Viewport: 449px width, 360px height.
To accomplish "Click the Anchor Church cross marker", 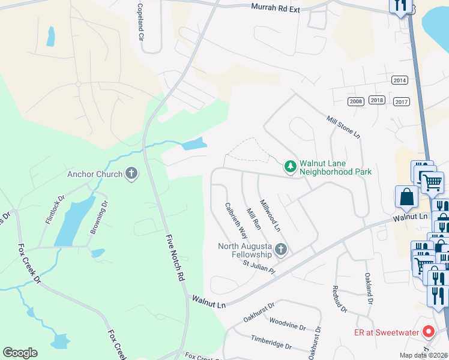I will pos(131,175).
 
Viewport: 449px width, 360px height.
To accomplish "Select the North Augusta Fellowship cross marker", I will pos(280,250).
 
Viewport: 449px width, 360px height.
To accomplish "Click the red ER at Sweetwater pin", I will pos(429,331).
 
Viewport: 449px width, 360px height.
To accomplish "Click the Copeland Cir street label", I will pos(142,26).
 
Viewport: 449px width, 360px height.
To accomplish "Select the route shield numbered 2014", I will pos(399,80).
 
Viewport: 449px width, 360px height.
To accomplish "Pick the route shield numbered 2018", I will pos(377,100).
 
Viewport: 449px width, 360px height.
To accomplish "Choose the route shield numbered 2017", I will pos(402,102).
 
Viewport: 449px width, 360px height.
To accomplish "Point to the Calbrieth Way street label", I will pos(236,220).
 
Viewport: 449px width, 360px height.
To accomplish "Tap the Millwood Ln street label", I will pos(269,215).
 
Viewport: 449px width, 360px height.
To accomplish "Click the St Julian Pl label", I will pos(259,266).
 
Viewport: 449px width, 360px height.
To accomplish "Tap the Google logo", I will pos(20,353).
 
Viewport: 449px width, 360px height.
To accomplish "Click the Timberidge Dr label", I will pos(271,343).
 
